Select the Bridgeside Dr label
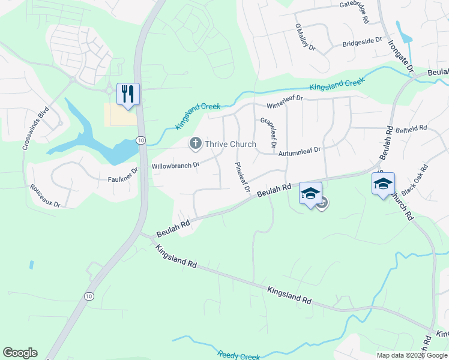(362, 43)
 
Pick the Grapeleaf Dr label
(268, 133)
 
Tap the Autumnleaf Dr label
(300, 151)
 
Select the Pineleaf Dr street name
(242, 177)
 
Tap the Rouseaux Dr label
(46, 195)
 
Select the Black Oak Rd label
(416, 179)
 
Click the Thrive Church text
(231, 144)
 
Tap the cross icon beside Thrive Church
(195, 143)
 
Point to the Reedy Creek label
(239, 355)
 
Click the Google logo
(20, 353)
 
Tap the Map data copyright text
(412, 355)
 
